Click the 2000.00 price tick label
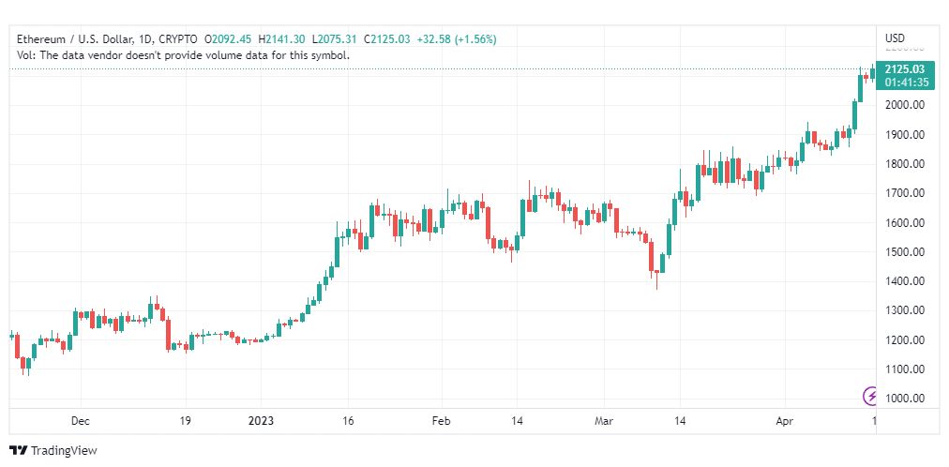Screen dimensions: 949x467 [x=904, y=105]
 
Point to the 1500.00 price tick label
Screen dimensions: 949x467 [x=904, y=252]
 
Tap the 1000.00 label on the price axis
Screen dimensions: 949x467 [x=904, y=399]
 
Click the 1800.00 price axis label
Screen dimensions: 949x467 [x=904, y=164]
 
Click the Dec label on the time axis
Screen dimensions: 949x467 [x=81, y=420]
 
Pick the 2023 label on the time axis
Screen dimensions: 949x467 [x=261, y=420]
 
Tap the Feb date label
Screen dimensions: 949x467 [x=442, y=420]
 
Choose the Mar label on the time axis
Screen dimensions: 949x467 [x=604, y=420]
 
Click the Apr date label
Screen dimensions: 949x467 [x=784, y=420]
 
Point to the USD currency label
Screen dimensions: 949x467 [x=896, y=38]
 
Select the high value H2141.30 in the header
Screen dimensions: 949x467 [x=282, y=39]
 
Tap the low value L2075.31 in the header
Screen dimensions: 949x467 [x=335, y=39]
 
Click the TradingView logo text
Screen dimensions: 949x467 [x=64, y=451]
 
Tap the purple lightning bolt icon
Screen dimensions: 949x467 [x=870, y=397]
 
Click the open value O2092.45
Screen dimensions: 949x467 [x=228, y=39]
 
